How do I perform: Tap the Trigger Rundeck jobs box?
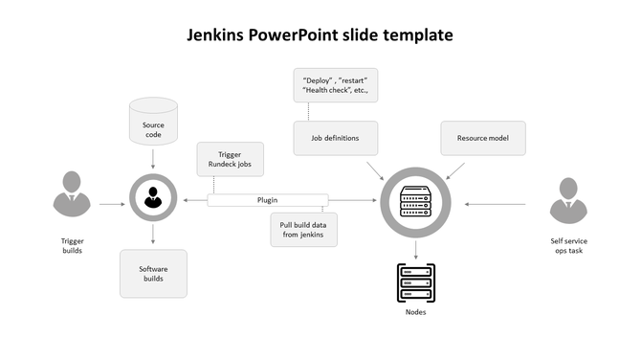[230, 161]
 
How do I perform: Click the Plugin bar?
[268, 200]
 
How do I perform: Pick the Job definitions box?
[335, 138]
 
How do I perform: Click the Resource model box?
[482, 138]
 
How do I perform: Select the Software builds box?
[153, 273]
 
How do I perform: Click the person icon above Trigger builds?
[73, 196]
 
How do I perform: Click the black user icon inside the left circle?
[153, 199]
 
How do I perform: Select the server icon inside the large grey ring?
[415, 202]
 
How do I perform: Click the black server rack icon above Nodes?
[415, 282]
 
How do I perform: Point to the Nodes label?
[415, 312]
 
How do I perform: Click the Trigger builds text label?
[73, 245]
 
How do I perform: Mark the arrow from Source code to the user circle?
[153, 158]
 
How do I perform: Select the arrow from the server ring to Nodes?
[415, 248]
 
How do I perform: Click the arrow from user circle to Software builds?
[153, 236]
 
